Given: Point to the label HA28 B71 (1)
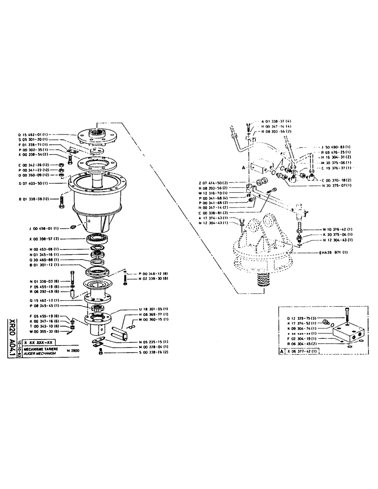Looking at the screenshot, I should click(x=333, y=253).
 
